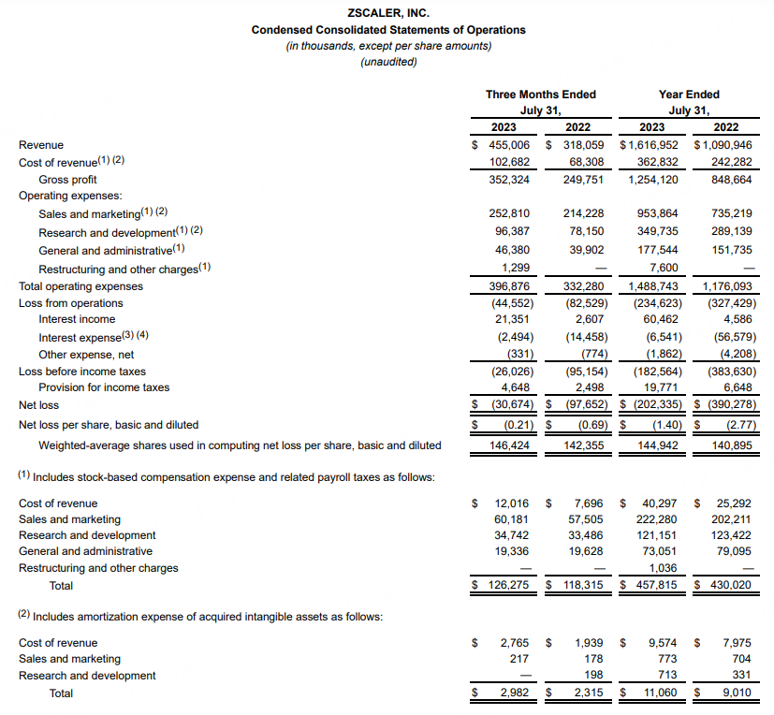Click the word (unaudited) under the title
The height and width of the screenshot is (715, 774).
[388, 62]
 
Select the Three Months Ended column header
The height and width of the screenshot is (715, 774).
[540, 95]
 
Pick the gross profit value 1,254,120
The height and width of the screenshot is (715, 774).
[651, 179]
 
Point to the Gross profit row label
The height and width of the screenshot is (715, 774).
[67, 179]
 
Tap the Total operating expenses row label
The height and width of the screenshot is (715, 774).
[80, 286]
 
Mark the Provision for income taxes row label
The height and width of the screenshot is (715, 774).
[104, 387]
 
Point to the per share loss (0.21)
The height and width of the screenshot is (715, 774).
[512, 425]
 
